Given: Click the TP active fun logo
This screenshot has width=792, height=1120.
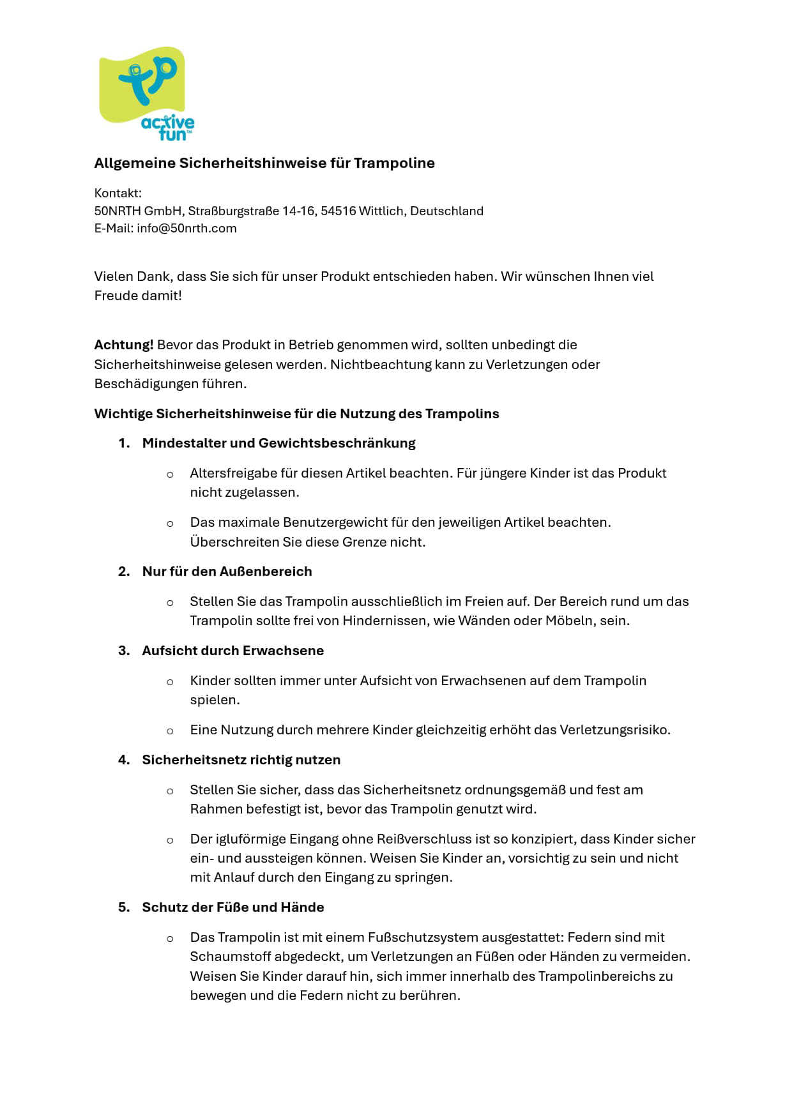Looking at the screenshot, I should tap(146, 93).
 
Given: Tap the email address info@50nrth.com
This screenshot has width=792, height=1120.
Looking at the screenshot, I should tap(187, 229).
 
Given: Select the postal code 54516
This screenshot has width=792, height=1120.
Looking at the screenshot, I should tap(338, 211).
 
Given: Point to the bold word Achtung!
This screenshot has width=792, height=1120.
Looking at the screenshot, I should tap(124, 345).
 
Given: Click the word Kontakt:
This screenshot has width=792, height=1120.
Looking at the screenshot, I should tap(118, 193).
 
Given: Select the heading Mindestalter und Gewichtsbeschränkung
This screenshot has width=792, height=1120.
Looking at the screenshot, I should tap(278, 444).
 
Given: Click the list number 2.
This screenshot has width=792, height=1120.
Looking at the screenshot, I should tap(124, 572).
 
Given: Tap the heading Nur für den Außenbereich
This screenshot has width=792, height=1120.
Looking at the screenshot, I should tap(227, 572).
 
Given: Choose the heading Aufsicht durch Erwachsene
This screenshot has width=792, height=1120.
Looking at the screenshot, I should tap(232, 651).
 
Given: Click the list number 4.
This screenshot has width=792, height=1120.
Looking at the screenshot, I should tap(124, 761).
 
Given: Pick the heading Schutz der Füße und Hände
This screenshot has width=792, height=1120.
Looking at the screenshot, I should tap(232, 908).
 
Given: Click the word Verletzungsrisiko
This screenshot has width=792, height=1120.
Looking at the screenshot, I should tap(614, 730).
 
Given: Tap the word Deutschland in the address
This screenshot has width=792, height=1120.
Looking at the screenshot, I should tap(446, 211).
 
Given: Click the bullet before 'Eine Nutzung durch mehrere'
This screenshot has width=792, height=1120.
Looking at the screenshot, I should tap(170, 731).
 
